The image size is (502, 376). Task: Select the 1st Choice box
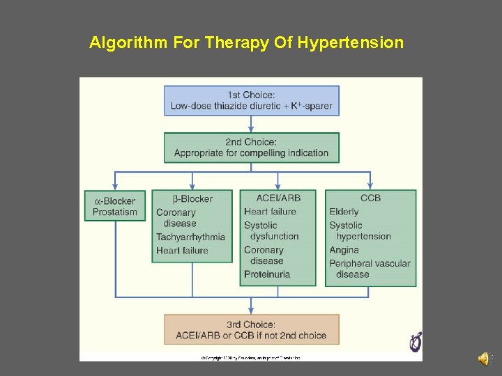tap(251, 100)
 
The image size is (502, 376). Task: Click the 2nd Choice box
tap(251, 148)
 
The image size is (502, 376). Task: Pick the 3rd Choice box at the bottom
tap(251, 329)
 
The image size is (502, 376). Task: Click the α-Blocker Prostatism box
tap(115, 205)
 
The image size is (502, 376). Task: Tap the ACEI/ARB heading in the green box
tap(277, 198)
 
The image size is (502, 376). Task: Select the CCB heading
tap(370, 198)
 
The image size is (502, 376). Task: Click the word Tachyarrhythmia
tap(190, 237)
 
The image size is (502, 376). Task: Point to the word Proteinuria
tap(267, 274)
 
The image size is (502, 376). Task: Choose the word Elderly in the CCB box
tap(344, 212)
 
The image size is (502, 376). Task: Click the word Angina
tap(344, 250)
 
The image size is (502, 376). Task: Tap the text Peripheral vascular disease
tap(370, 269)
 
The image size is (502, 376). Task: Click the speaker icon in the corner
tap(483, 359)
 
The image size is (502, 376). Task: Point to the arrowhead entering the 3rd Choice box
tap(251, 310)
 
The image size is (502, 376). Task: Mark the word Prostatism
tap(115, 212)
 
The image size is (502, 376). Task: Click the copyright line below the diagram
tap(251, 358)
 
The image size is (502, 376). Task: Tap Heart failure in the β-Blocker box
tap(182, 251)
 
